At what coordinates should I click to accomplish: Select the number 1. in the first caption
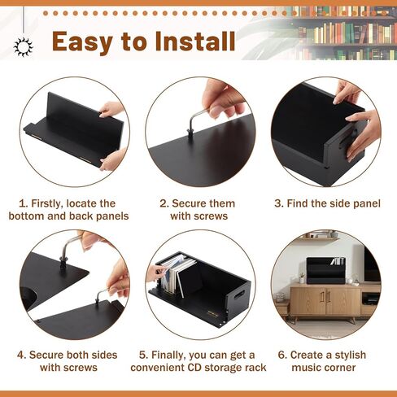tap(25, 203)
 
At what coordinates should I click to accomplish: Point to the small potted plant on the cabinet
tap(302, 277)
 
